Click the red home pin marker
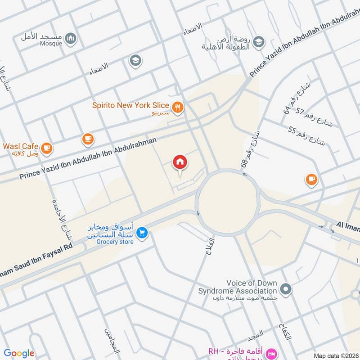[x=180, y=162]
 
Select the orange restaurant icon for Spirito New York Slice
[x=178, y=107]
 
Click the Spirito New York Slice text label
[x=130, y=106]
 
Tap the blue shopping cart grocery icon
[x=142, y=232]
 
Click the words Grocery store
[x=114, y=242]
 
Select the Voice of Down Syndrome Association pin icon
[x=284, y=288]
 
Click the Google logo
[x=19, y=353]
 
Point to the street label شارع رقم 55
[x=306, y=136]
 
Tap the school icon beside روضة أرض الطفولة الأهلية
[x=258, y=43]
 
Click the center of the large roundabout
[x=227, y=202]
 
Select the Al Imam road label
[x=348, y=226]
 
